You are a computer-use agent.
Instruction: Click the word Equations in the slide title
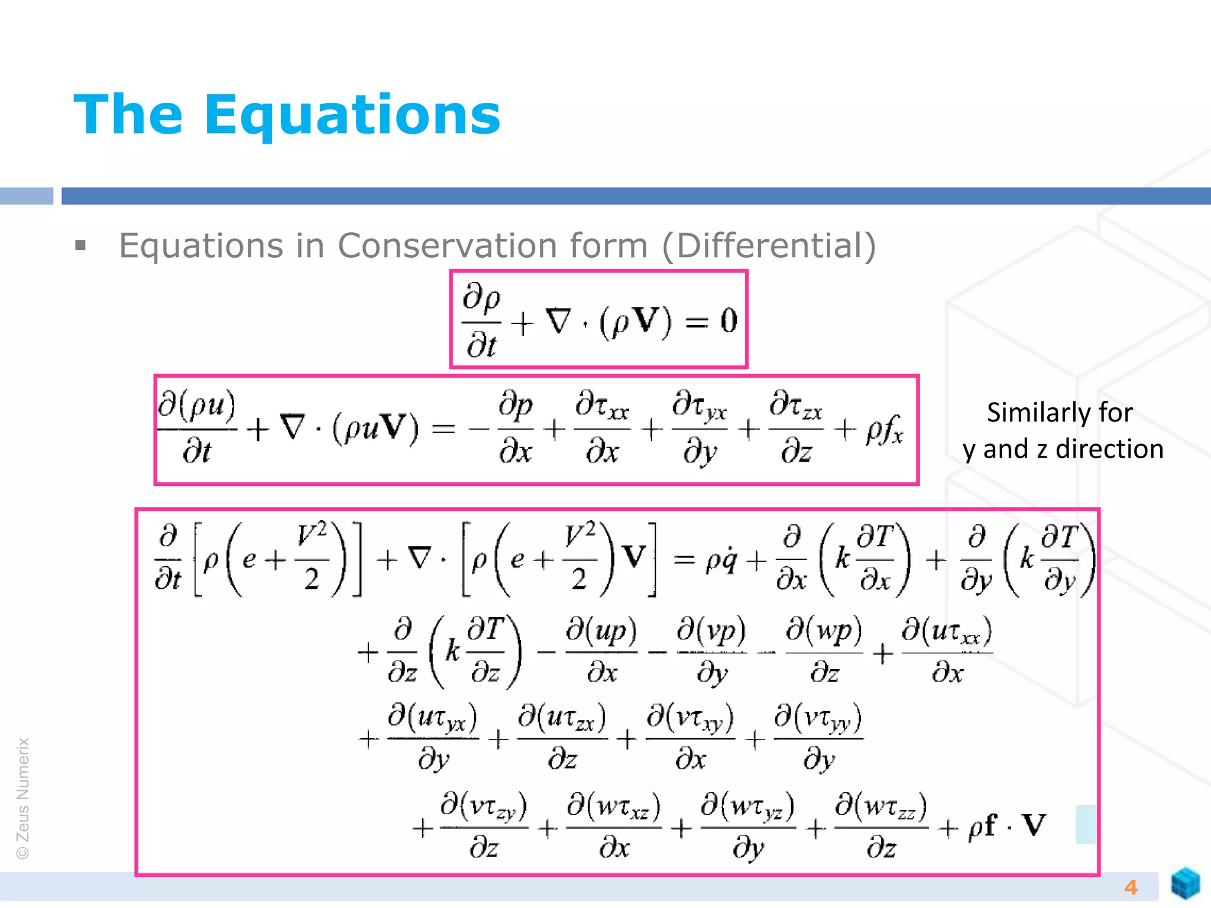click(x=352, y=115)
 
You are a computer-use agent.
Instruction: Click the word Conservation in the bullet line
click(x=493, y=246)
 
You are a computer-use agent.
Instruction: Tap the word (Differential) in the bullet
click(x=769, y=246)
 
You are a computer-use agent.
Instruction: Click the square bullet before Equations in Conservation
click(x=81, y=245)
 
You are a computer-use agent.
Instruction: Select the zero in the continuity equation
click(x=728, y=321)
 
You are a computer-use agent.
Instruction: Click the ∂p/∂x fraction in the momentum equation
click(x=516, y=428)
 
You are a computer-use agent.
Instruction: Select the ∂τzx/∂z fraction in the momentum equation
click(x=796, y=428)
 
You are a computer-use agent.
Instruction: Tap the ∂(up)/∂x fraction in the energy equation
click(x=601, y=651)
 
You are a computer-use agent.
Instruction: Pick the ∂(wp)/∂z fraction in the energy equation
click(x=824, y=651)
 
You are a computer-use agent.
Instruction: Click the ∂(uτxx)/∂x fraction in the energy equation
click(x=947, y=651)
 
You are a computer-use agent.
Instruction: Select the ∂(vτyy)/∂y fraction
click(x=818, y=738)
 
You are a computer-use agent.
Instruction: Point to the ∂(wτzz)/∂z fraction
click(x=881, y=827)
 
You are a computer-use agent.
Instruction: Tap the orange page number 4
click(x=1131, y=887)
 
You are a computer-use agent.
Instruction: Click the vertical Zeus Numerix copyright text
click(x=22, y=798)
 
